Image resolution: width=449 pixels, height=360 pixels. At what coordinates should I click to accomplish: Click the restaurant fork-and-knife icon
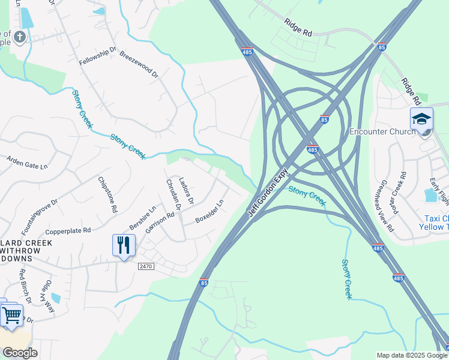click(124, 245)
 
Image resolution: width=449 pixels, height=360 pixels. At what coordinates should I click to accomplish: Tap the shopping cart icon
click(11, 314)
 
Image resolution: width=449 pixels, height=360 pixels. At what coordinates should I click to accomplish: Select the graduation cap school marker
click(421, 119)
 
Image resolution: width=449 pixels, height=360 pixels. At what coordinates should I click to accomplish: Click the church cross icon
click(19, 38)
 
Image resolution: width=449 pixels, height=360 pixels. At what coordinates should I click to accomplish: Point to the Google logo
click(20, 353)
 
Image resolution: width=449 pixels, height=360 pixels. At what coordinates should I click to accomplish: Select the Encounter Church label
click(382, 132)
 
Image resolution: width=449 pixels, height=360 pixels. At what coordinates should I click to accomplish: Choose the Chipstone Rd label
click(106, 195)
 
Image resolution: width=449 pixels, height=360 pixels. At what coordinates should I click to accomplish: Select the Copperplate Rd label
click(68, 230)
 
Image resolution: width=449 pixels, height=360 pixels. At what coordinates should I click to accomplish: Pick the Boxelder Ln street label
click(209, 213)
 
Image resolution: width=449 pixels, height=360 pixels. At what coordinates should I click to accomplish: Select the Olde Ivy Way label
click(47, 296)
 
